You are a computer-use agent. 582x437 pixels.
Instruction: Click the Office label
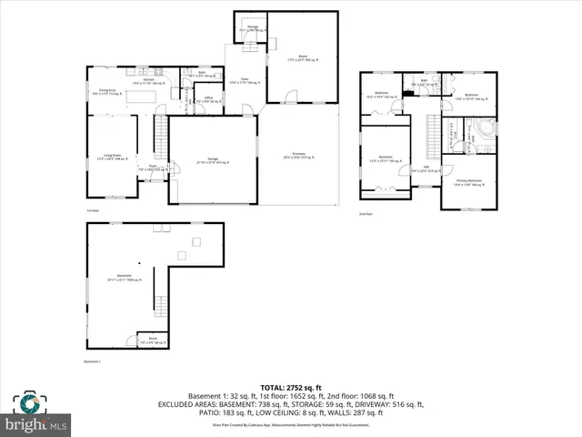[208, 99]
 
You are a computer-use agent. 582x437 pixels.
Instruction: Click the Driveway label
[298, 156]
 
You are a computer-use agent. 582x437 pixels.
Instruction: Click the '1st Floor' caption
[92, 210]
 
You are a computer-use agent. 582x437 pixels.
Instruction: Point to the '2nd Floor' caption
[367, 215]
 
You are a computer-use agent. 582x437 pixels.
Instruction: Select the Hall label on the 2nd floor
[426, 168]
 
